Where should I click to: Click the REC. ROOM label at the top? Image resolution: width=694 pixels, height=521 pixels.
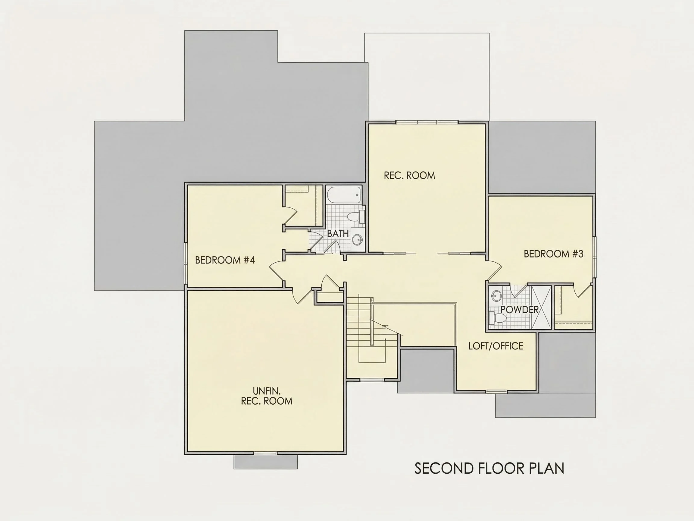point(409,175)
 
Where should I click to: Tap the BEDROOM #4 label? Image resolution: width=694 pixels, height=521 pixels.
point(225,260)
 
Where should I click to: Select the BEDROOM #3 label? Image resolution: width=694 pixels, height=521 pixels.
point(553,254)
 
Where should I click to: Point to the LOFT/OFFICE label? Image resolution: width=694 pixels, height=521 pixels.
point(496,346)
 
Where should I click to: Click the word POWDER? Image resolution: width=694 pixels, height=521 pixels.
point(520,309)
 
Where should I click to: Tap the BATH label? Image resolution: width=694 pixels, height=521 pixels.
point(338,234)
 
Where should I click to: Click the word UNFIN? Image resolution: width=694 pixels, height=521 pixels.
point(267,391)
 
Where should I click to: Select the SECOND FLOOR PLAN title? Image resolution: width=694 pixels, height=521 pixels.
point(489,468)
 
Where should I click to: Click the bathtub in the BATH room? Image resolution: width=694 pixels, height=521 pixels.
point(344,195)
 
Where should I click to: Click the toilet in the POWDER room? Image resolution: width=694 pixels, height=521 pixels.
point(498,318)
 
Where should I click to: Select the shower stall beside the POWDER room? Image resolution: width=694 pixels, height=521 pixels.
point(540,307)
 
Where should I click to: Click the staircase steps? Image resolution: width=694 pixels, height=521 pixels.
point(359,320)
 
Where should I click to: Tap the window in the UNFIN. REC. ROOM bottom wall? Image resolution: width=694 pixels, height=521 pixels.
point(265,453)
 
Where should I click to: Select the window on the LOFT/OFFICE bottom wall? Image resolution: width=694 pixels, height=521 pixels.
point(496,391)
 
